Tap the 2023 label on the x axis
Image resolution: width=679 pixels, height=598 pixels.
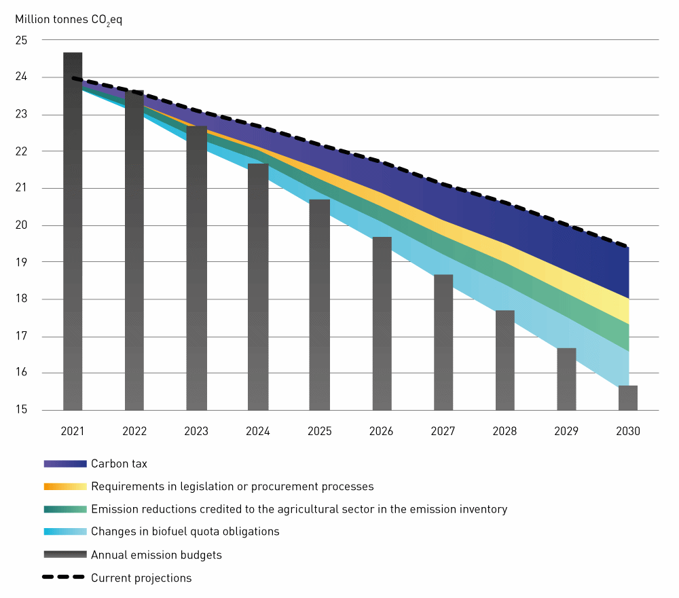click(x=196, y=431)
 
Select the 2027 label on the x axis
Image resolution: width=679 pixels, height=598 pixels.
click(x=443, y=431)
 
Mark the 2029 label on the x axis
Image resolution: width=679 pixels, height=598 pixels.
click(x=566, y=431)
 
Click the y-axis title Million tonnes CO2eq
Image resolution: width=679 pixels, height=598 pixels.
click(x=69, y=19)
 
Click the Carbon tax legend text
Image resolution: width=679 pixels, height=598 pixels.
click(x=119, y=464)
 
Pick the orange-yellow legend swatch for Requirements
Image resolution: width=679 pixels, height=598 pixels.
click(x=65, y=487)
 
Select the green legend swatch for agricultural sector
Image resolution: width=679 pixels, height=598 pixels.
click(x=65, y=509)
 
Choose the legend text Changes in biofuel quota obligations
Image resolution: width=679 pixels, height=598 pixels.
click(x=185, y=531)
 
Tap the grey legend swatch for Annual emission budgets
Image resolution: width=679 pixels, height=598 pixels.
click(x=65, y=555)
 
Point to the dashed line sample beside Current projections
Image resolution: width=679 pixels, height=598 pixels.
click(x=65, y=578)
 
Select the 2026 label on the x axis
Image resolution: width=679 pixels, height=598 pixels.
click(x=382, y=431)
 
